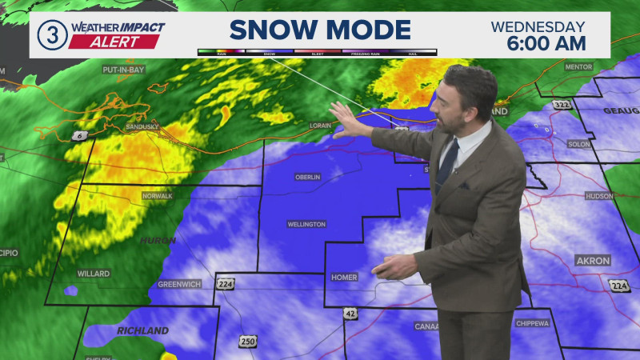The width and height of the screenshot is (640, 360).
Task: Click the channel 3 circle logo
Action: (x=52, y=35)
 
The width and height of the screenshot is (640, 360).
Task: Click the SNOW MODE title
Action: (x=320, y=30)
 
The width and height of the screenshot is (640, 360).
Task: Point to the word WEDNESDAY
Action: (x=538, y=26)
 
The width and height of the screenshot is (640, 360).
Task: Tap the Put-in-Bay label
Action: (x=122, y=70)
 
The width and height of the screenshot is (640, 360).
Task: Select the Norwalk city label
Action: (x=135, y=196)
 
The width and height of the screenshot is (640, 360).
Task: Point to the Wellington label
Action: (x=306, y=225)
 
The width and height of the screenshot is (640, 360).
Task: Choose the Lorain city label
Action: (x=321, y=126)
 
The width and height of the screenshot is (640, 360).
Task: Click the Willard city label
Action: (x=93, y=274)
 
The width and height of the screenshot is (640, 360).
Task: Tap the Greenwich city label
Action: (x=179, y=284)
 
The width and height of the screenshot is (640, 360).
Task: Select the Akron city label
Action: (x=593, y=261)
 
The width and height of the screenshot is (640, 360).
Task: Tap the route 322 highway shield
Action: (x=561, y=105)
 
